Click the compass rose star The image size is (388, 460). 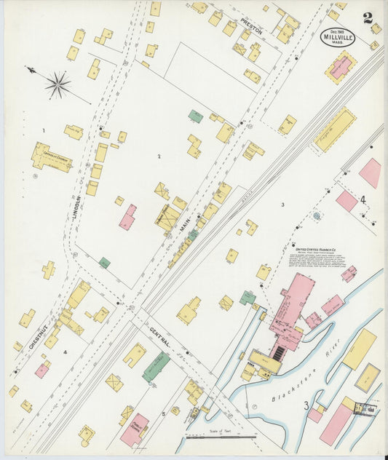58,85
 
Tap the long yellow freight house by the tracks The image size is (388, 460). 335,130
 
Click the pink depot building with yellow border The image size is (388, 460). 341,67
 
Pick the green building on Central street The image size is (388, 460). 156,366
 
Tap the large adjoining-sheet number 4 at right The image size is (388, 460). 362,199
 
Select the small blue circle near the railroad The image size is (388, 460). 317,216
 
